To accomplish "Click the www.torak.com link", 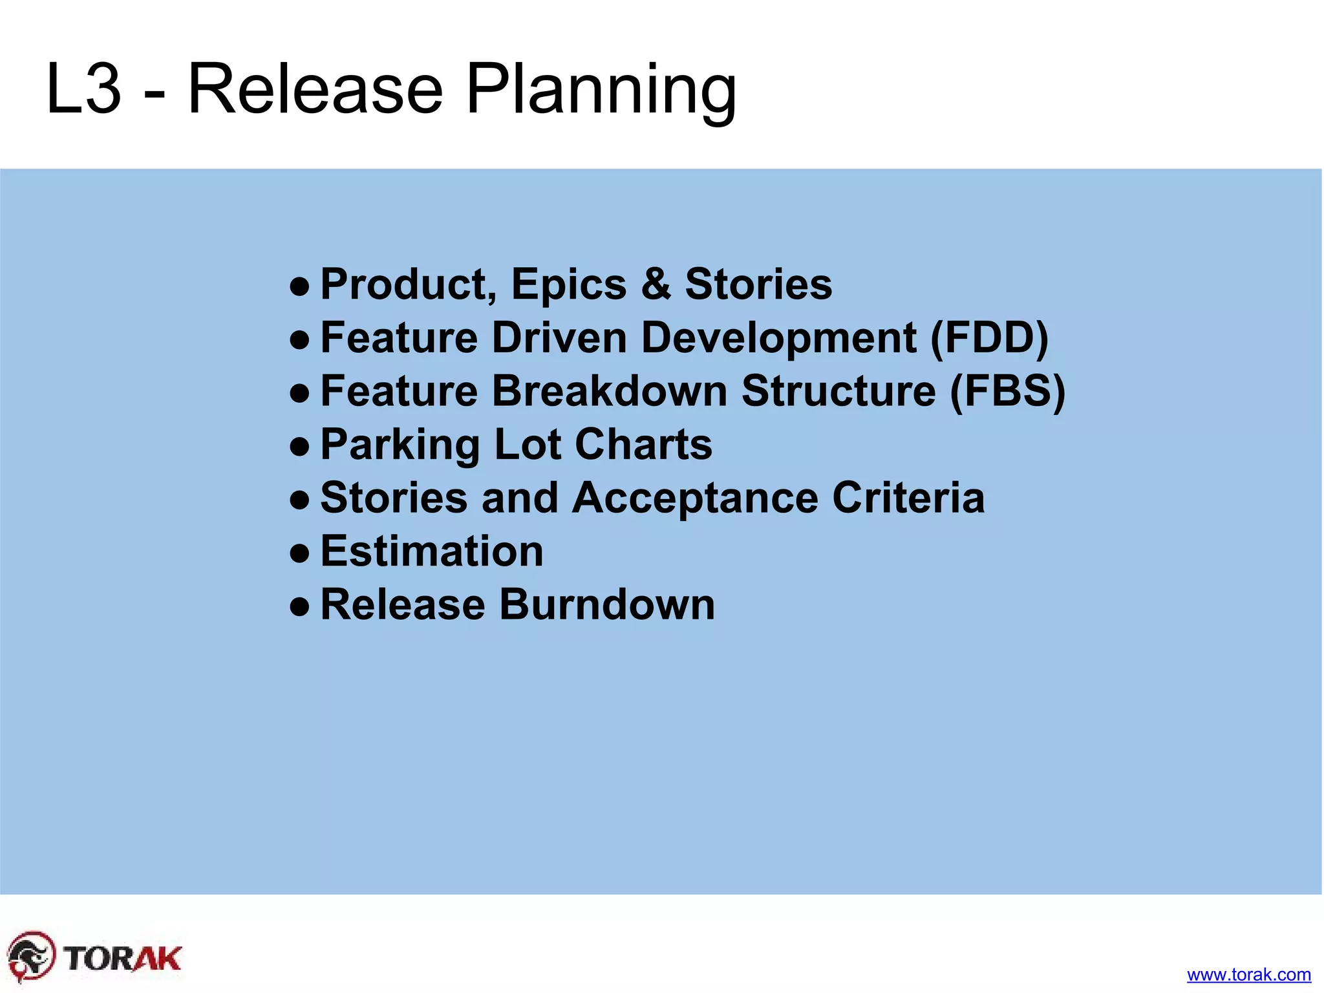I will click(1248, 974).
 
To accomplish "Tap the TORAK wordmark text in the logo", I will click(123, 958).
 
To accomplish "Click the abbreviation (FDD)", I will click(989, 337).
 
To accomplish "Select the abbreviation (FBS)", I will click(1007, 391).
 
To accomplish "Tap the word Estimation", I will click(432, 551).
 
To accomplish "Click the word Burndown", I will click(607, 604).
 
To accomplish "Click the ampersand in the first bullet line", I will click(656, 284).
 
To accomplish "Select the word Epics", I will click(569, 284).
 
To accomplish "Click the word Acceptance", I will click(695, 498).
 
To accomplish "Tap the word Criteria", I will click(908, 498).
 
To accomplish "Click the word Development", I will click(778, 337).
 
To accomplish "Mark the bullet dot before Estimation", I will click(299, 553).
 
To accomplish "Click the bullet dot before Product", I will click(299, 286).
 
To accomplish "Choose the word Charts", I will click(643, 445).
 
